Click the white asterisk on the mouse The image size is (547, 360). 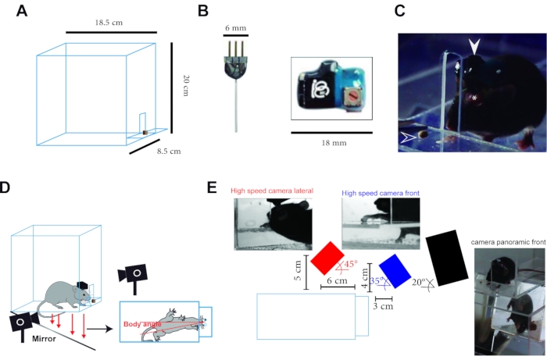click(x=472, y=98)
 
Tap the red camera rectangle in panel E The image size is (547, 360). click(x=327, y=258)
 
